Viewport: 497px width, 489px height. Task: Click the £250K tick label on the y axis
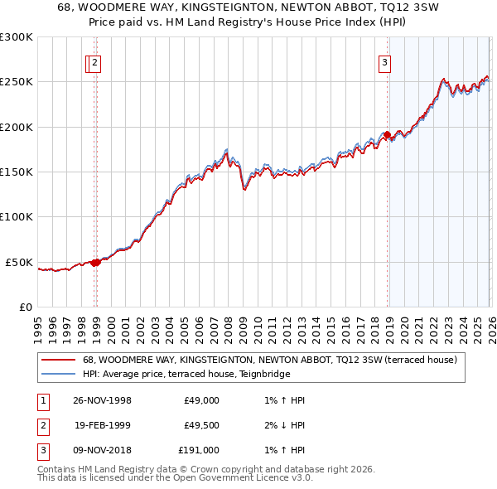[x=17, y=82]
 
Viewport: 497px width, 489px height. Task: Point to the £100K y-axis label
[x=17, y=216]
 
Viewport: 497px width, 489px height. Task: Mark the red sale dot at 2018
[x=387, y=135]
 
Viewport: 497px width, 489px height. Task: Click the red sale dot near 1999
[x=96, y=262]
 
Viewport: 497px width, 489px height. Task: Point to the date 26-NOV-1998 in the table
[x=103, y=400]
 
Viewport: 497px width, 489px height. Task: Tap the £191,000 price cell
[x=199, y=450]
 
